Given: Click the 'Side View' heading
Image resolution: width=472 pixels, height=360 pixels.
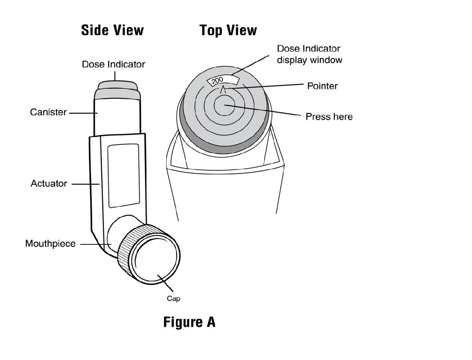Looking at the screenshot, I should coord(112,30).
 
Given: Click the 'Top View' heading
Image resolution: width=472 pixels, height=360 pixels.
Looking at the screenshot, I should coord(228,30).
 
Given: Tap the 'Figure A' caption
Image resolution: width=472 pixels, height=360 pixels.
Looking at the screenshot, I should coord(189,322).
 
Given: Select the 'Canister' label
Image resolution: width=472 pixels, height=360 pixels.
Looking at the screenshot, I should coord(48,112).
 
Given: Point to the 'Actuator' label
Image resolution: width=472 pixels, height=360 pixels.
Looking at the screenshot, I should coord(49,184).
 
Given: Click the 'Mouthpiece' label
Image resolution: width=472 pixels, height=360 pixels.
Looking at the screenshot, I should coord(50,244).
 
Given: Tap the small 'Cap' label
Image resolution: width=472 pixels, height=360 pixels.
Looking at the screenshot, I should coord(173,299).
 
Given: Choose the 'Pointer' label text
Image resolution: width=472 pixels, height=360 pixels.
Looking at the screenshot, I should coord(322,86).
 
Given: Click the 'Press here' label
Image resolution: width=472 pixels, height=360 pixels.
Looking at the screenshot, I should coord(329,117).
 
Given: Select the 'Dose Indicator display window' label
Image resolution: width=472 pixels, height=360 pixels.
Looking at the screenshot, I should coord(309,54).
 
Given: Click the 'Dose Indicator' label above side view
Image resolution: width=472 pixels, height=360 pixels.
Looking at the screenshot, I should coord(113,64).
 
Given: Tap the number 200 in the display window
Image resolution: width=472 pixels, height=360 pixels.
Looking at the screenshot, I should coord(218,80).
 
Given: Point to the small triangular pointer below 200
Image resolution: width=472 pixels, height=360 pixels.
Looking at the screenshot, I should coord(223,89).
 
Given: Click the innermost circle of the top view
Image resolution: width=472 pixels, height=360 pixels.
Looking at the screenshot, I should coord(224,105).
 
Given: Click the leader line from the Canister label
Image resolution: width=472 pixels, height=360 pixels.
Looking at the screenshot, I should coord(81,113).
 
